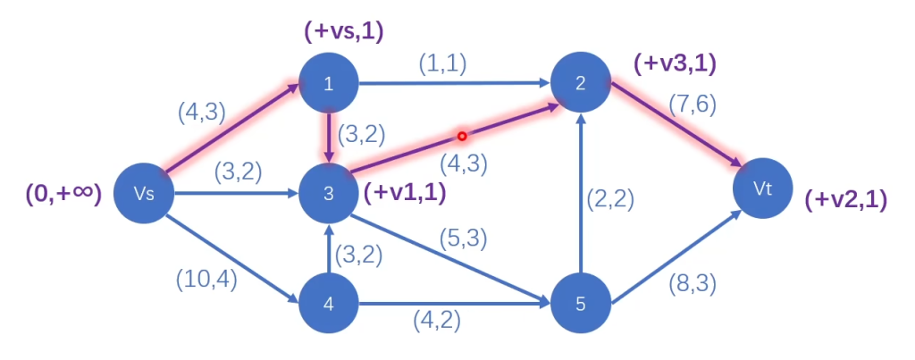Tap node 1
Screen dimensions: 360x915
click(x=329, y=84)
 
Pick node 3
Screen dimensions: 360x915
click(x=329, y=192)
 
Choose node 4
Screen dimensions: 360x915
click(x=329, y=304)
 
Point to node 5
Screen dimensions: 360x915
click(x=580, y=304)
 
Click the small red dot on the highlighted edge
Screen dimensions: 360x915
click(x=462, y=137)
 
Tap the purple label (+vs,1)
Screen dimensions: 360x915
click(x=344, y=32)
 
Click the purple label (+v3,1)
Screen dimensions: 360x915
click(x=675, y=64)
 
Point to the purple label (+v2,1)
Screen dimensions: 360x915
click(x=845, y=201)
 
